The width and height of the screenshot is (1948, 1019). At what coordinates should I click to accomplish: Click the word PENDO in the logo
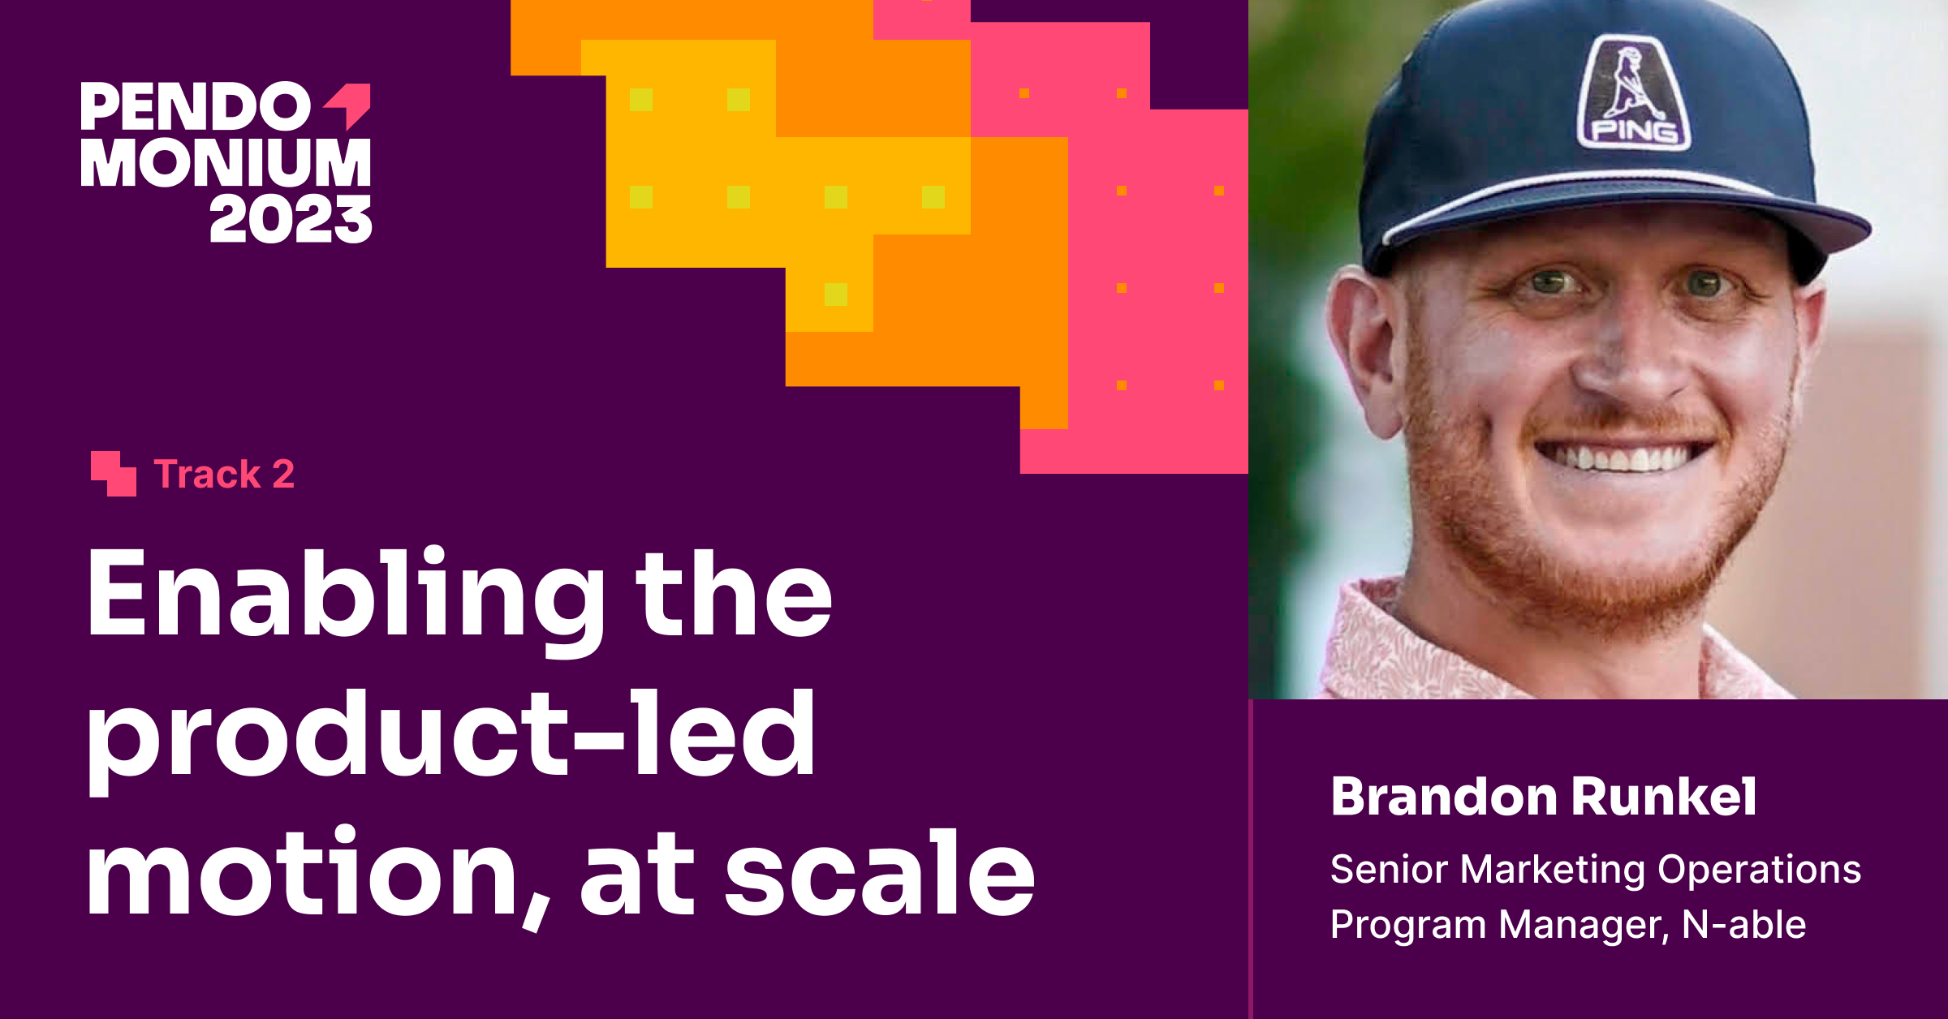click(x=195, y=107)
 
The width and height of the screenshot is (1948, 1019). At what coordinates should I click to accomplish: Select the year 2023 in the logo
click(x=291, y=219)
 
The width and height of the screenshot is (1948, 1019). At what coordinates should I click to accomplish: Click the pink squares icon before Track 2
click(x=113, y=474)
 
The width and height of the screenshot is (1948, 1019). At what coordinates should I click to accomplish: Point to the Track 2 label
click(x=224, y=475)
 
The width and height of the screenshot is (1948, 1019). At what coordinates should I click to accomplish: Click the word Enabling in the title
click(x=345, y=594)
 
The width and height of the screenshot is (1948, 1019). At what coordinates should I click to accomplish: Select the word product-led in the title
click(x=450, y=734)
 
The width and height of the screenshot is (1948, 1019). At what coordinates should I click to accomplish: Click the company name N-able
click(x=1743, y=925)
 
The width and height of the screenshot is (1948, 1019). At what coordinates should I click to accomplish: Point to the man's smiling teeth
click(x=1623, y=458)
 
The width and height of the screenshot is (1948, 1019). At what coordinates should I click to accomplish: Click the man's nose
click(x=1631, y=357)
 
